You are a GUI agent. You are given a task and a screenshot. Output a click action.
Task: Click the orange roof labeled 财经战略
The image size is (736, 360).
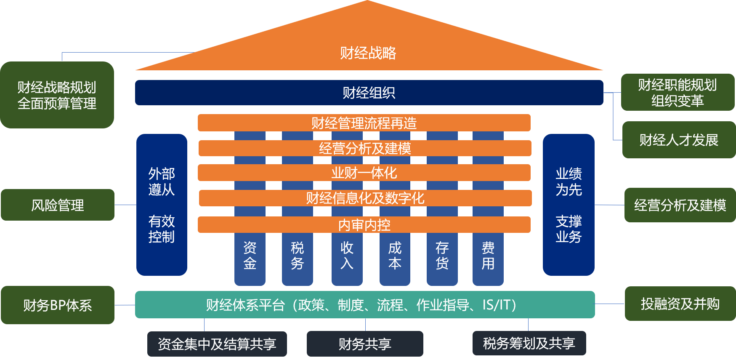tap(368, 53)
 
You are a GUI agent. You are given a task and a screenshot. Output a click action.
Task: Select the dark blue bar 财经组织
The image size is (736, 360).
tap(369, 93)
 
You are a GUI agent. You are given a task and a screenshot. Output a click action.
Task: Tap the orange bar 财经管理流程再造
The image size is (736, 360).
tap(364, 123)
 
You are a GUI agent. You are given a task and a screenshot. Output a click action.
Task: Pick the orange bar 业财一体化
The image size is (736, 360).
tap(364, 173)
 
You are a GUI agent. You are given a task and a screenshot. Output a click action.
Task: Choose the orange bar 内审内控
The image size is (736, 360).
tap(364, 225)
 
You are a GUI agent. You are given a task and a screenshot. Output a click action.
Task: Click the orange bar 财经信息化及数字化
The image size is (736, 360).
tap(365, 198)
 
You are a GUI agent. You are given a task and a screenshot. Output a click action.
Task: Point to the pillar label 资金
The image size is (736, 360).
tap(250, 256)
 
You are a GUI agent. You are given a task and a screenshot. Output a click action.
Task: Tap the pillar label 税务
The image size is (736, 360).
tap(297, 256)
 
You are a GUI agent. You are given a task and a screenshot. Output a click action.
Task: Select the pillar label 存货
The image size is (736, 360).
tap(442, 256)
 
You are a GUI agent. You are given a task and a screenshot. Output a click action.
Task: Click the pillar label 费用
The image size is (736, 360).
tap(488, 256)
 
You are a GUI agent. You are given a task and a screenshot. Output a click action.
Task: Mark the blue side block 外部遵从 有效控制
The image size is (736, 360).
tap(162, 205)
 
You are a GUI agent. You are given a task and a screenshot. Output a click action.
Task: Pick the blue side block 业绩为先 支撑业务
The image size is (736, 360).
tap(569, 205)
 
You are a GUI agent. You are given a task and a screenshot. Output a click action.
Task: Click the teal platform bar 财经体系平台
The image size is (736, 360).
tap(364, 304)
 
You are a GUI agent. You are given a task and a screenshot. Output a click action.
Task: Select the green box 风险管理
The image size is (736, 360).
tap(58, 205)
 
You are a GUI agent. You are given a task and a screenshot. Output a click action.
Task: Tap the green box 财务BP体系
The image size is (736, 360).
tap(58, 305)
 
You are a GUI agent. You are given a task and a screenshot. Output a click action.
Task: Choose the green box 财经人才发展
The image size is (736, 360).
tap(679, 140)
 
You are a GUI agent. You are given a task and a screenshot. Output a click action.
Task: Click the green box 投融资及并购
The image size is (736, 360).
tap(680, 304)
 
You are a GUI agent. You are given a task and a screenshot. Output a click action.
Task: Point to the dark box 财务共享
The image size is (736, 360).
tap(365, 344)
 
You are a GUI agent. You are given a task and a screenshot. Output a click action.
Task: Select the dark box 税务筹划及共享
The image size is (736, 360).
tap(529, 344)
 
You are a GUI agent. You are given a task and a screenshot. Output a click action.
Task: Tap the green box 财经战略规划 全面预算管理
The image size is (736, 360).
tap(57, 95)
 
